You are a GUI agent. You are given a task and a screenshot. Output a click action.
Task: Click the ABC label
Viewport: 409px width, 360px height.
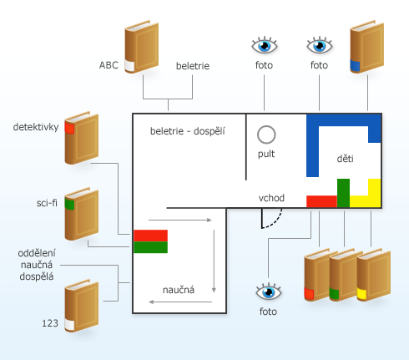(109, 65)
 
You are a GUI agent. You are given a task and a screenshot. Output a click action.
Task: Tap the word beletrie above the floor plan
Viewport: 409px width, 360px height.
(193, 66)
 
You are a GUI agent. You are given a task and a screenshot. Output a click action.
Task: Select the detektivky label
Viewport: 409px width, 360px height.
(36, 127)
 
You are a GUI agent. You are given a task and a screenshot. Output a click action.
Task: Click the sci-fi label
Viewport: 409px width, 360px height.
(47, 203)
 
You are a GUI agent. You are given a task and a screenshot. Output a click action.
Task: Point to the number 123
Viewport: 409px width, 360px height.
(50, 323)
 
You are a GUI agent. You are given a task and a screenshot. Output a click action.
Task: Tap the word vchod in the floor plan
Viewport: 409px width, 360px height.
(271, 198)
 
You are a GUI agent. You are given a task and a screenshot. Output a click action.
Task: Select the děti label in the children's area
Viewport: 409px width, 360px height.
(345, 159)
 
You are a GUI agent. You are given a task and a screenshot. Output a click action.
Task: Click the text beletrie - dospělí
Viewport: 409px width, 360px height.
(188, 131)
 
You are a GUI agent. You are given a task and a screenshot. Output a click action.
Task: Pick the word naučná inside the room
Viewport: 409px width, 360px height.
(179, 290)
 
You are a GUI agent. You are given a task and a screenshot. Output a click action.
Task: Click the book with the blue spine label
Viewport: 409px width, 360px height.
(366, 47)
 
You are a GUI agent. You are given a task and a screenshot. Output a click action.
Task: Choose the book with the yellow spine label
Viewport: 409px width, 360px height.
(374, 275)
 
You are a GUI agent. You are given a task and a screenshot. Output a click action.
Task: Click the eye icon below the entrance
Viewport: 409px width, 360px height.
(269, 292)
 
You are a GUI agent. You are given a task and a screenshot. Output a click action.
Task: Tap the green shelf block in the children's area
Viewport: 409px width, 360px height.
(343, 193)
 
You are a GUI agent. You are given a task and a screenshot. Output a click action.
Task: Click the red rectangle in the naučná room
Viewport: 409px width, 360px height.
(150, 236)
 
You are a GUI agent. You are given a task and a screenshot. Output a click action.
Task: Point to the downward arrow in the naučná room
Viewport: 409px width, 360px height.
(214, 261)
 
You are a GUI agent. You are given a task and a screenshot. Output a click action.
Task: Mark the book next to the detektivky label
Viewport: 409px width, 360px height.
(82, 138)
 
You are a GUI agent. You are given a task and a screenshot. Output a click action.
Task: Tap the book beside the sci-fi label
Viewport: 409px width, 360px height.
(82, 214)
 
